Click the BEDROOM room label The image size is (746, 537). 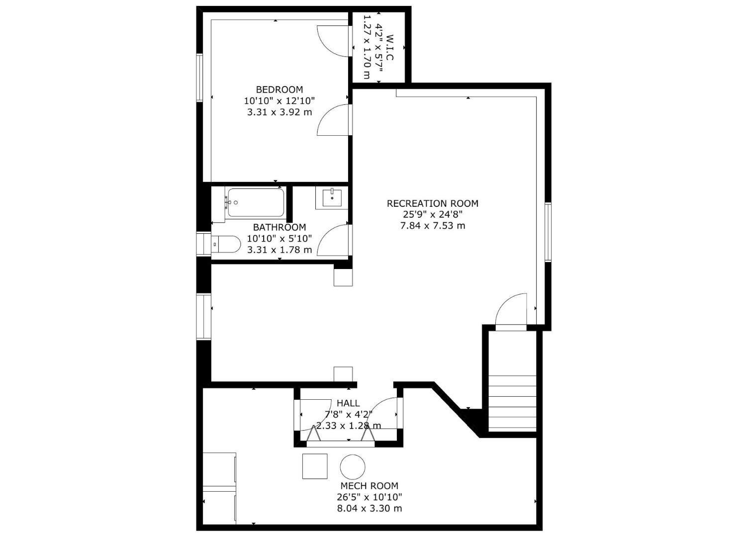(x=279, y=89)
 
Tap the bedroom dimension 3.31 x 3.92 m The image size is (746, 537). (x=279, y=112)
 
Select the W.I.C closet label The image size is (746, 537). (x=389, y=48)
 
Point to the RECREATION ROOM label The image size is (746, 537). (x=432, y=203)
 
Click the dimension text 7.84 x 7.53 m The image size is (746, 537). (x=432, y=226)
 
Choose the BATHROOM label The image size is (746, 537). (x=279, y=227)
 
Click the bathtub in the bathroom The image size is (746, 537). (x=255, y=202)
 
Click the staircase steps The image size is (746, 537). (x=513, y=403)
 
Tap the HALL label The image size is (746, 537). (x=348, y=403)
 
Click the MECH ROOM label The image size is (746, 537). (x=369, y=486)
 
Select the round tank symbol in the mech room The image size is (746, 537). (x=353, y=467)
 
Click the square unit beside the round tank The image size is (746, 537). (x=315, y=466)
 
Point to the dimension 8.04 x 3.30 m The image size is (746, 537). (x=369, y=509)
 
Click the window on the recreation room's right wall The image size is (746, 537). (x=548, y=232)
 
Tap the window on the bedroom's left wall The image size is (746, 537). (x=199, y=78)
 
